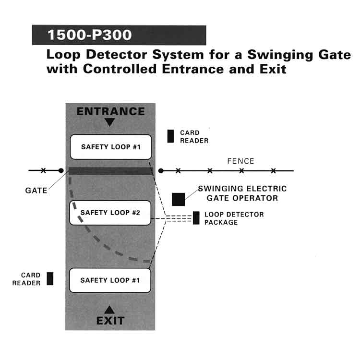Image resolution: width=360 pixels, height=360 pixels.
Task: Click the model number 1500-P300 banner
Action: pos(119,35)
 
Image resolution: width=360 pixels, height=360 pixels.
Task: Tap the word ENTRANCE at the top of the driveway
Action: pos(110,111)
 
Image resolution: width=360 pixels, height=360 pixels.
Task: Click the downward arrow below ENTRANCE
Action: pos(110,122)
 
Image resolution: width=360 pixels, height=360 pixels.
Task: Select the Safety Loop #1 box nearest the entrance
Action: pos(111,146)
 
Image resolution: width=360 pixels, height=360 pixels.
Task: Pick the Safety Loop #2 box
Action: pos(110,213)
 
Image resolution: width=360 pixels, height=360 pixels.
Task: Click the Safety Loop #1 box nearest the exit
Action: pos(110,280)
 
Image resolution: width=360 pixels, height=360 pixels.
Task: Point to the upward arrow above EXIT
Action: pos(110,310)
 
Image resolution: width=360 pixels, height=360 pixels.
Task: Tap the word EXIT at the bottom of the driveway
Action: pos(110,320)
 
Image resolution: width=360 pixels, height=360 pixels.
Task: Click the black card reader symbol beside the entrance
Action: pos(170,136)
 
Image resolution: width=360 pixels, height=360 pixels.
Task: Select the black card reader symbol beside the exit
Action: pos(50,278)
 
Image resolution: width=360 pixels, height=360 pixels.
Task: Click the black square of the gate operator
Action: pos(179,200)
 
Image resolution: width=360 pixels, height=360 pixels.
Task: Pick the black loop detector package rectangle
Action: pos(196,218)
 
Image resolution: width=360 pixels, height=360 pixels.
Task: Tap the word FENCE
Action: pos(240,161)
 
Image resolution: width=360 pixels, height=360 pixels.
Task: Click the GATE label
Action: pos(36,191)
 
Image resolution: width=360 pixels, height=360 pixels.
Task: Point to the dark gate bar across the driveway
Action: pos(110,170)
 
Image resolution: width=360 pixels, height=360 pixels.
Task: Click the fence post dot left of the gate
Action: pos(60,170)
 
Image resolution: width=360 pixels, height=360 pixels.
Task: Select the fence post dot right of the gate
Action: pos(161,170)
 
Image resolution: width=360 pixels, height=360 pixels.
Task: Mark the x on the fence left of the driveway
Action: pos(43,170)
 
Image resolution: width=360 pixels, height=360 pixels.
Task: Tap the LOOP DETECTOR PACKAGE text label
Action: pos(234,218)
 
